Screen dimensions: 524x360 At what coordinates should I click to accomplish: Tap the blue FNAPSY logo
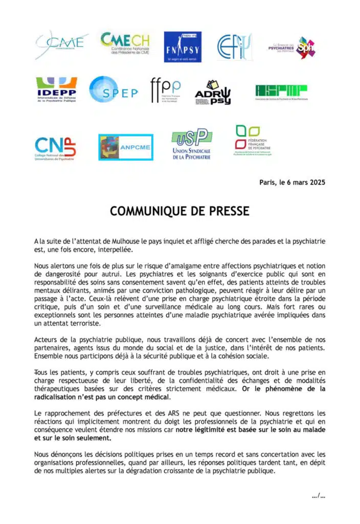183,47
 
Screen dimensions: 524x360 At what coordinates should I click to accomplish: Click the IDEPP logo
56,90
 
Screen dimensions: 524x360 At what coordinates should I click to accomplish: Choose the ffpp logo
165,91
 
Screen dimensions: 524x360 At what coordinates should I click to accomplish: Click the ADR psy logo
213,92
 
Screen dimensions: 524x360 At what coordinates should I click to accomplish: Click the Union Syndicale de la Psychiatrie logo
191,145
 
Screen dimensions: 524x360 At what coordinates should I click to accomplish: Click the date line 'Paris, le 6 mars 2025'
292,183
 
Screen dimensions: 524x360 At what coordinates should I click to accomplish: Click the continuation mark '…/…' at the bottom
318,495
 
